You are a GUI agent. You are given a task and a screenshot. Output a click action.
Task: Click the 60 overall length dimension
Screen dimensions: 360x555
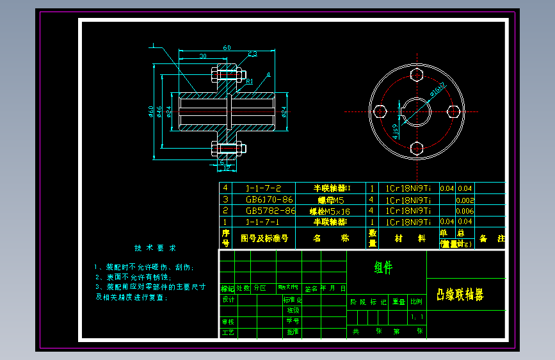(x=227, y=47)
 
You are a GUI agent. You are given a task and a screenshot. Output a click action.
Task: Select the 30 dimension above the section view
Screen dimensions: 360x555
(x=203, y=56)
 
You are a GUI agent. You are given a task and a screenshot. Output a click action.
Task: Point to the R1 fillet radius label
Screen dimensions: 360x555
(x=250, y=81)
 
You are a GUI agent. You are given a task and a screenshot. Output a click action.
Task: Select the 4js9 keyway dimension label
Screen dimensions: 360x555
(x=396, y=131)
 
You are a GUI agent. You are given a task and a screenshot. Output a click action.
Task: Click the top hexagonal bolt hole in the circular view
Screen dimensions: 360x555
(x=416, y=75)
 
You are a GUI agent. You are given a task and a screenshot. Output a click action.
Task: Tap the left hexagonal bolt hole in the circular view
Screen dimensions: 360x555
(x=380, y=111)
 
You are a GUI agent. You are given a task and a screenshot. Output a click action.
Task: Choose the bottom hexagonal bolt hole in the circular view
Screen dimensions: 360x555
(x=416, y=147)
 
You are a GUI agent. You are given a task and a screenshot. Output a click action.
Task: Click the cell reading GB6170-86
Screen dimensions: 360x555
(x=269, y=199)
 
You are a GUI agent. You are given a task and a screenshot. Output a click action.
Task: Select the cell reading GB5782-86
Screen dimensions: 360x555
(x=269, y=210)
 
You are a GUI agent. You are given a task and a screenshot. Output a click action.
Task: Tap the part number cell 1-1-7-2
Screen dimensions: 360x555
(x=264, y=188)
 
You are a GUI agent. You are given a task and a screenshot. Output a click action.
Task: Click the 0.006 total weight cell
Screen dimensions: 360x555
(x=465, y=211)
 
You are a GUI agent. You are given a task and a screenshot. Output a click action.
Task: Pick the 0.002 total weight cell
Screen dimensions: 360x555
(x=465, y=200)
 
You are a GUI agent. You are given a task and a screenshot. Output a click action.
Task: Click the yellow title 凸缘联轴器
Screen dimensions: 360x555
(x=460, y=295)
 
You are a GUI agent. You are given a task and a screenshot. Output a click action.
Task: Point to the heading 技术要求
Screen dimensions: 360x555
(x=156, y=248)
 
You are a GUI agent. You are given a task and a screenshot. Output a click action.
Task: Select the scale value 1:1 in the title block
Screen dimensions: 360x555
(x=417, y=316)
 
